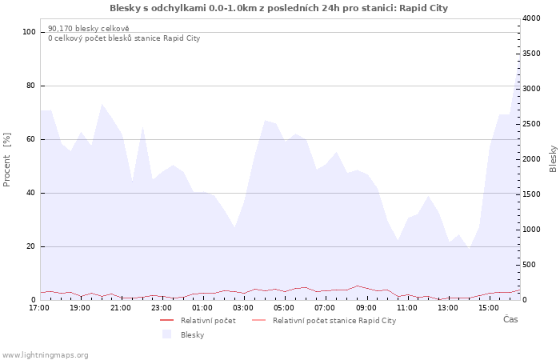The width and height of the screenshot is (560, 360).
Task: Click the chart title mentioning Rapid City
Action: pos(278,8)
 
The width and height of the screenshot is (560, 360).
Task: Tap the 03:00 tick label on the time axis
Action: pos(243,308)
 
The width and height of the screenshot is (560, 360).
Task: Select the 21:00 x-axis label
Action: pos(121,308)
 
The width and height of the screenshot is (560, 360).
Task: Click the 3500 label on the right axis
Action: pos(531,54)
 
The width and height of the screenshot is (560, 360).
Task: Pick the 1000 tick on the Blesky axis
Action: pos(531,230)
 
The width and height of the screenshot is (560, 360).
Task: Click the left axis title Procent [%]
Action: pos(6,160)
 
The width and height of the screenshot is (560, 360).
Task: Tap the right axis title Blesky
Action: pos(553,159)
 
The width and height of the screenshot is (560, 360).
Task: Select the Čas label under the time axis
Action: pos(510,319)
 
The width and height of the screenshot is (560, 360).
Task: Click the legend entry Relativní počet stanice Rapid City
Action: pos(334,321)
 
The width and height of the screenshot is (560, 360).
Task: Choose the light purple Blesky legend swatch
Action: pos(166,334)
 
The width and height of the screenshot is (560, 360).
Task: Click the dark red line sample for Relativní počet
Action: pos(166,320)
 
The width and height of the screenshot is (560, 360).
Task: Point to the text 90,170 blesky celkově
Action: pos(89,29)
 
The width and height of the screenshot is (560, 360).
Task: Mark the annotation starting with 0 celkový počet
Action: pos(124,38)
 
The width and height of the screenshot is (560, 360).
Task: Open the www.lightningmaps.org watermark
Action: pos(45,355)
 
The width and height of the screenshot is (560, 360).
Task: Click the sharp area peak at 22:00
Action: pos(142,127)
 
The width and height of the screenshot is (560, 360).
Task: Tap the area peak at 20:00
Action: pos(102,104)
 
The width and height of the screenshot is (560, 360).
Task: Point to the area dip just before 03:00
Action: pos(234,227)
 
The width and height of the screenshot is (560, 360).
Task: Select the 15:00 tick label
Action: pos(489,308)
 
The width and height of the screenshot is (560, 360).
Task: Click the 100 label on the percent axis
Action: pos(29,32)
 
